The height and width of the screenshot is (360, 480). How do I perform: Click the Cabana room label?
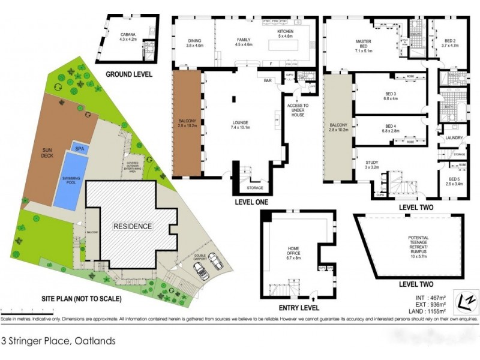128,37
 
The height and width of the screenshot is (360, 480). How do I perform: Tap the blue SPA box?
79,148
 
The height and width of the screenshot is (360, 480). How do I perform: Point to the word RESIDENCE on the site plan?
133,226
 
